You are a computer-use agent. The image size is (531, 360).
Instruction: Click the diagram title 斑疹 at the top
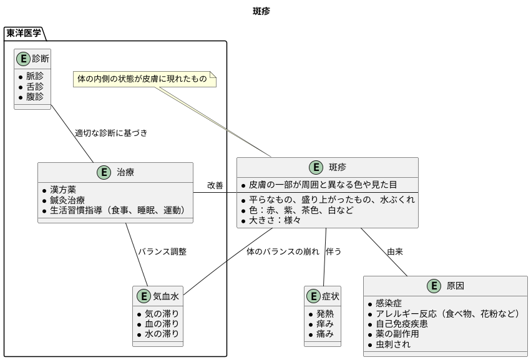coord(261,11)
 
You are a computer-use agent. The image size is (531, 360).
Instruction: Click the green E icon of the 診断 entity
coord(24,59)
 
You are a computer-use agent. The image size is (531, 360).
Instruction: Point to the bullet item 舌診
coord(35,86)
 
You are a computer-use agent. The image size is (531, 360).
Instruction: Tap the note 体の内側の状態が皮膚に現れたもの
coord(142,79)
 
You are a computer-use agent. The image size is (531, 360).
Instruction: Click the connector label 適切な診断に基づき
coord(111,133)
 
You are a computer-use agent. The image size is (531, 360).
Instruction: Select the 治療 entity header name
coord(125,172)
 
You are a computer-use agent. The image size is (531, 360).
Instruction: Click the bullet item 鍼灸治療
coord(67,200)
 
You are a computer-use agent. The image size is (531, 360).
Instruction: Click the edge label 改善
coord(215,185)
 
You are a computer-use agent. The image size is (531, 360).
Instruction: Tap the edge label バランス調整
coord(162,251)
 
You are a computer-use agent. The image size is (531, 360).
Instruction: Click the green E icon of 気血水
coord(143,296)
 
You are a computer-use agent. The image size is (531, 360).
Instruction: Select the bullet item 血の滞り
coord(162,324)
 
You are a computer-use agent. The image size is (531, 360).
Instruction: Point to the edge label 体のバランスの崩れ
coord(283,251)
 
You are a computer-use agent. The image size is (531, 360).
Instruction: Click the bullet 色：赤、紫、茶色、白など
coord(301,210)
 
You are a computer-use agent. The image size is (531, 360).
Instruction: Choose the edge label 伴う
coord(334,251)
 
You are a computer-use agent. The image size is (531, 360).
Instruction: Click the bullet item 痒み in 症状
coord(325,324)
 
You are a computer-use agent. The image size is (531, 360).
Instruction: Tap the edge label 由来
coord(395,251)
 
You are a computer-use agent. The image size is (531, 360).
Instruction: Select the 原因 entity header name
coord(455,286)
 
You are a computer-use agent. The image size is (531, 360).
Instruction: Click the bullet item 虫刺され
coord(393,344)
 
